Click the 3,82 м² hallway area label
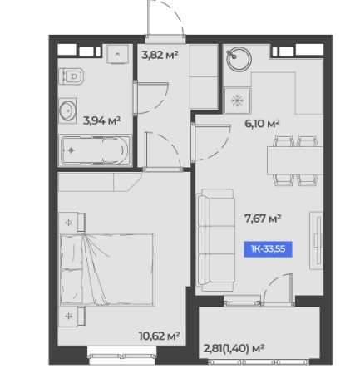[x=160, y=55]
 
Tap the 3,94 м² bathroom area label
[x=101, y=120]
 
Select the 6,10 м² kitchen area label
[x=262, y=124]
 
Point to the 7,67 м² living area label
[x=263, y=219]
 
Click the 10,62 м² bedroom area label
[x=159, y=336]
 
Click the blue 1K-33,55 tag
[x=268, y=249]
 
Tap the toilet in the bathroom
[x=72, y=76]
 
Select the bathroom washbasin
[x=67, y=111]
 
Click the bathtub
[x=95, y=150]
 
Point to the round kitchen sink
[x=239, y=60]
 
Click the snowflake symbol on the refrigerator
[x=237, y=101]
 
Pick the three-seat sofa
[x=215, y=240]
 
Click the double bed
[x=107, y=269]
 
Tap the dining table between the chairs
[x=295, y=160]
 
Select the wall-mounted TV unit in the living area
[x=317, y=240]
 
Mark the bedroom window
[x=121, y=356]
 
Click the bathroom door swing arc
[x=160, y=103]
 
